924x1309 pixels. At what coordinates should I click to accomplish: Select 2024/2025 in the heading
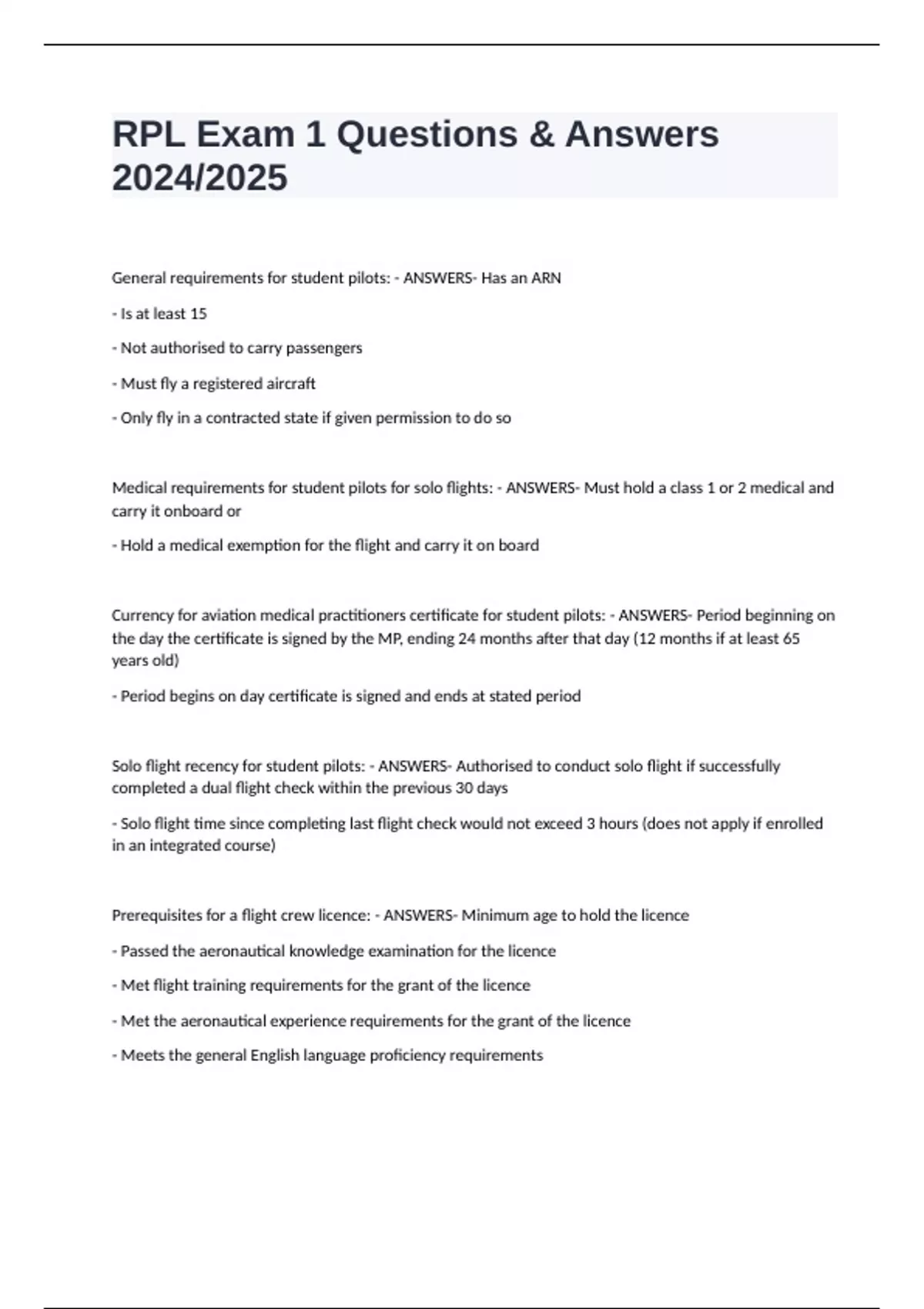click(x=199, y=178)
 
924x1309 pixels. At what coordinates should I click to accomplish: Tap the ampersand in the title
click(x=542, y=135)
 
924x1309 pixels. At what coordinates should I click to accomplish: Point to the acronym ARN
click(x=546, y=278)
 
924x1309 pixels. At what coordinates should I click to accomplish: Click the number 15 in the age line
click(x=198, y=313)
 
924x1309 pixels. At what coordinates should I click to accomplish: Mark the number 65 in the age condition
click(x=791, y=638)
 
